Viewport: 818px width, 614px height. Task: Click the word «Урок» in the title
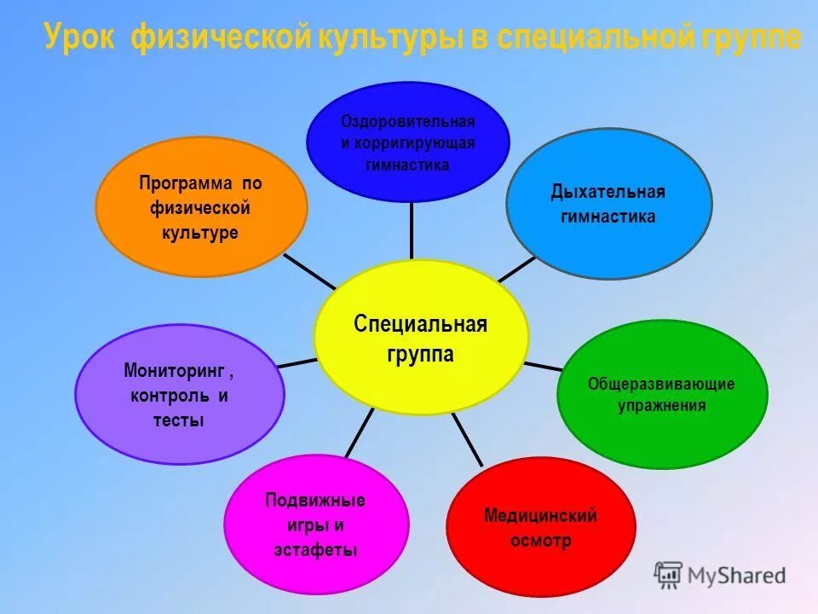81,38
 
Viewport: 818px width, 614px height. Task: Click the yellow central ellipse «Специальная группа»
421,338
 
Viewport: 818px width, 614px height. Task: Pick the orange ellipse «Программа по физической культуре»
200,207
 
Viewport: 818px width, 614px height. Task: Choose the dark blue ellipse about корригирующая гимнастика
407,142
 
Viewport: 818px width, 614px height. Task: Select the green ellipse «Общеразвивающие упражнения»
662,394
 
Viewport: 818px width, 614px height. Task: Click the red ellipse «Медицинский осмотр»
540,528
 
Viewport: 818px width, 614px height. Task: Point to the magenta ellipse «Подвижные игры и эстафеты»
315,524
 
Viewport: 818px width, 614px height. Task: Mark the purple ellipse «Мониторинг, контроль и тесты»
179,396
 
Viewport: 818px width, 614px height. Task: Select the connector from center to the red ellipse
467,439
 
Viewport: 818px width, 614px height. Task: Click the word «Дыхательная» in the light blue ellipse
608,192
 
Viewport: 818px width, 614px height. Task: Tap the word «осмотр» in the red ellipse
540,542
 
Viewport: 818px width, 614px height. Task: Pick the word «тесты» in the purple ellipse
179,420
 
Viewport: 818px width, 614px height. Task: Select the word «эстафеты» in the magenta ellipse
315,550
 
